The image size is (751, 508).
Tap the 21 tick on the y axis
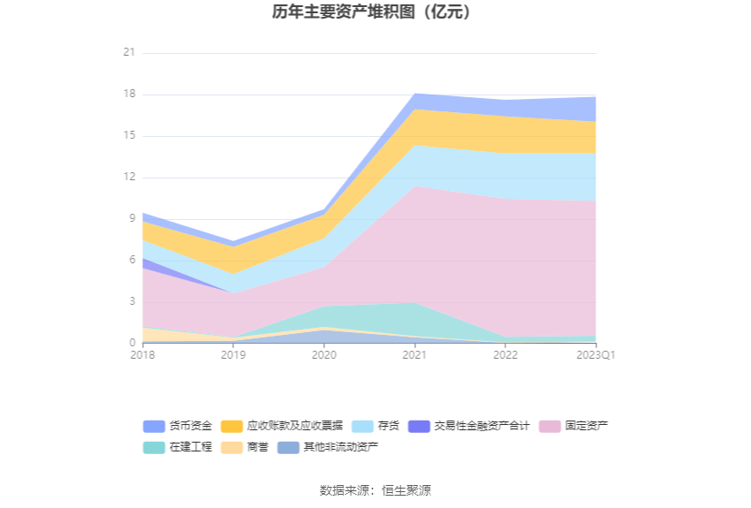(x=129, y=53)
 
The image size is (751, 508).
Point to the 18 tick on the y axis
(x=129, y=95)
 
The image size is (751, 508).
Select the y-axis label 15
(x=129, y=136)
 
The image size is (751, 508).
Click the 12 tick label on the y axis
(x=129, y=178)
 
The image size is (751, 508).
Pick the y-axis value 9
(x=132, y=219)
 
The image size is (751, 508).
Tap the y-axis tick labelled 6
(x=132, y=261)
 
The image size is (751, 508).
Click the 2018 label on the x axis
(x=142, y=355)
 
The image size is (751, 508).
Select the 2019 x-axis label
(x=233, y=355)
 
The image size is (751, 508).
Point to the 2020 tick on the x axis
(x=324, y=355)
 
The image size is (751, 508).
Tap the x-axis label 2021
(x=414, y=355)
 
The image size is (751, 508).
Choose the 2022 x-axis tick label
(x=505, y=355)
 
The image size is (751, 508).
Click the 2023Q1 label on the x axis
(x=595, y=355)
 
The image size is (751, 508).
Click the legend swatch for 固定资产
(x=551, y=426)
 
